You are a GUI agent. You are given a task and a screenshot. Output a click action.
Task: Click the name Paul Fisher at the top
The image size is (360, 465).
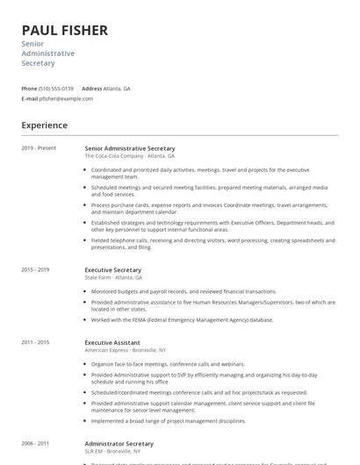(65, 31)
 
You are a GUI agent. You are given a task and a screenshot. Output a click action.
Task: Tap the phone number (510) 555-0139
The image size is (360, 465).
(57, 89)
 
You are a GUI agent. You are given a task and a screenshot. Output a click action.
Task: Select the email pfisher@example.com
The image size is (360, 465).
(66, 98)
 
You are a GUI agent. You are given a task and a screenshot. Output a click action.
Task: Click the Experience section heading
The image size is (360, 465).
(44, 125)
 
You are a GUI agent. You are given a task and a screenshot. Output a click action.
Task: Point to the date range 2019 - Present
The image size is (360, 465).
(39, 148)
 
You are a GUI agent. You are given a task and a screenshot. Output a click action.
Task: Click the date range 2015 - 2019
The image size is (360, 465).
(35, 270)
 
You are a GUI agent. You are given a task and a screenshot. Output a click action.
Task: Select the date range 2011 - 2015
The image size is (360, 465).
(35, 341)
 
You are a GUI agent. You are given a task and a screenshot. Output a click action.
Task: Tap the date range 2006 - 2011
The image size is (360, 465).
(35, 444)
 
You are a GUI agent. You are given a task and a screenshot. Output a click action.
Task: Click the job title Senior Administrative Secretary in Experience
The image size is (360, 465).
(130, 148)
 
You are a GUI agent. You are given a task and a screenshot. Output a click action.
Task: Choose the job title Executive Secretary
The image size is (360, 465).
(112, 270)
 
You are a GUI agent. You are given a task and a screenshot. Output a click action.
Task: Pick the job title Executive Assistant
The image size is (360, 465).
(112, 341)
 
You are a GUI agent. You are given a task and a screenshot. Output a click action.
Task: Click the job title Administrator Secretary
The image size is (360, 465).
(119, 444)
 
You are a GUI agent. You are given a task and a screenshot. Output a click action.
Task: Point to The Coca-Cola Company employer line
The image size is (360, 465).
(129, 155)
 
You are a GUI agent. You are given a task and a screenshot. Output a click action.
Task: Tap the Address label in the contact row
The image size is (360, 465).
(91, 89)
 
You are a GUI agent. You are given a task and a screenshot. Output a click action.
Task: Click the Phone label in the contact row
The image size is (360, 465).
(29, 89)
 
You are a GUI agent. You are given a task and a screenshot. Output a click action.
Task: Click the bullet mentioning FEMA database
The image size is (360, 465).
(182, 320)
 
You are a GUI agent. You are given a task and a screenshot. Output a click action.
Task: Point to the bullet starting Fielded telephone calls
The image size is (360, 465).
(211, 244)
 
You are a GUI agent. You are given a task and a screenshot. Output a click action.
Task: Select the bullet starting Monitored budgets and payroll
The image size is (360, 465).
(183, 290)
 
